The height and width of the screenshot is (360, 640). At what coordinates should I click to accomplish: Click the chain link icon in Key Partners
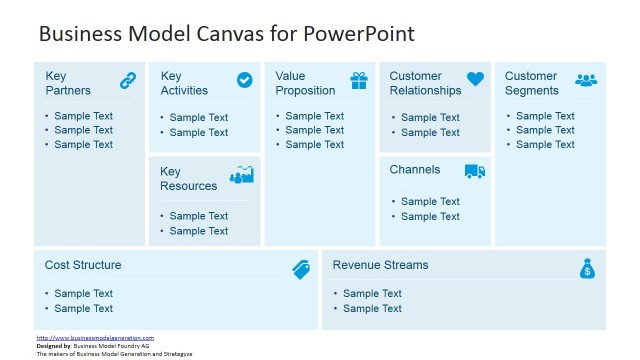tap(128, 80)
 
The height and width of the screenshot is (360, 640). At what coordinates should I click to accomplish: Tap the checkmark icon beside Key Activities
tap(244, 80)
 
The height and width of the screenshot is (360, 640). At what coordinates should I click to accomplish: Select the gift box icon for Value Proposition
tap(358, 80)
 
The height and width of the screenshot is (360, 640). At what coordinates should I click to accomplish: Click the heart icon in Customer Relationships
tap(475, 79)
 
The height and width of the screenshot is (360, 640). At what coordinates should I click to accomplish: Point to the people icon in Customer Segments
tap(587, 80)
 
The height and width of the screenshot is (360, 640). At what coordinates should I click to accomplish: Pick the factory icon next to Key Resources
tap(242, 175)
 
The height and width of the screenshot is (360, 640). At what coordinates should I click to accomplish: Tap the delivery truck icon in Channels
tap(475, 171)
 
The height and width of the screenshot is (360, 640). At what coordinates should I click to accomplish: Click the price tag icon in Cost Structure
tap(301, 268)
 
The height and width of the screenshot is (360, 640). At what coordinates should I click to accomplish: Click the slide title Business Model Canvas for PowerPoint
tap(226, 34)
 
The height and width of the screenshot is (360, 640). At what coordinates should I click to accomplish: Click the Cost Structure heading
tap(83, 265)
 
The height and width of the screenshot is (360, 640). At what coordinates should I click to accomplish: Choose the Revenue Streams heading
tap(380, 265)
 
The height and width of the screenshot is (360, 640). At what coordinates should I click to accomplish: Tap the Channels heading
tap(415, 170)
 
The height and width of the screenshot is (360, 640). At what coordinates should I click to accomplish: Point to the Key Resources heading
tap(188, 178)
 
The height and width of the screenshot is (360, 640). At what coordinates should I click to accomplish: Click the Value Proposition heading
tap(306, 83)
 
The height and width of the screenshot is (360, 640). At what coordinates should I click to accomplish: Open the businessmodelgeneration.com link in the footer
tap(95, 338)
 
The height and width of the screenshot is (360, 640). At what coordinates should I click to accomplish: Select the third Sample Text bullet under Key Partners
tap(83, 145)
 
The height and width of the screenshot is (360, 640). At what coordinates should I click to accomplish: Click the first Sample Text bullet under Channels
tap(430, 202)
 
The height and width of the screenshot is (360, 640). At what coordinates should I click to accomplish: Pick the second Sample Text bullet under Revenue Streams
tap(372, 309)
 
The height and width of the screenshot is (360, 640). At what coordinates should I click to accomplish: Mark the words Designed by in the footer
tap(54, 346)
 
